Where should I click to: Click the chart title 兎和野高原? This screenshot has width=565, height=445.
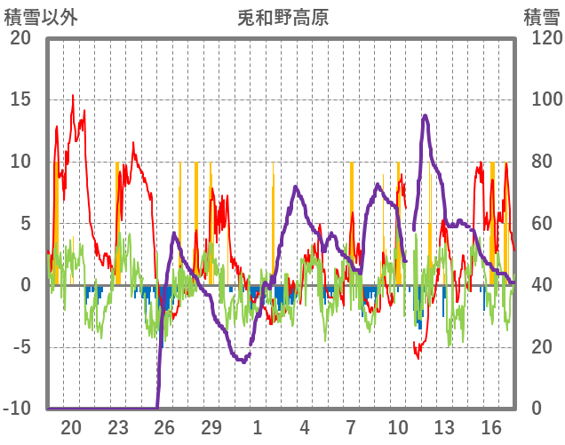(282, 17)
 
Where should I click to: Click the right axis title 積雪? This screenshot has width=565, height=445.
(541, 17)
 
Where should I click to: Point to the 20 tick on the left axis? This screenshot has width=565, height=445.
(20, 38)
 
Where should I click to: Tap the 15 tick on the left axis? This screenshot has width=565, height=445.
(20, 99)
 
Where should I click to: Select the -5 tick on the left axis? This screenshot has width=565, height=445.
(20, 347)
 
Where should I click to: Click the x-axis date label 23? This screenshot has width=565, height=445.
(118, 427)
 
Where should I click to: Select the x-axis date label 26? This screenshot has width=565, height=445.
(164, 427)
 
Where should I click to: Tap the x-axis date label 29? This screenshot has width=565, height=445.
(211, 427)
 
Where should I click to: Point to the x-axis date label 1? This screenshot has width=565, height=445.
(258, 427)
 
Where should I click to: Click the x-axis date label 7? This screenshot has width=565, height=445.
(351, 427)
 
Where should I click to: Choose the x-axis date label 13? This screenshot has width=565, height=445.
(444, 427)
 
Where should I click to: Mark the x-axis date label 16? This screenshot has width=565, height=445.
(490, 427)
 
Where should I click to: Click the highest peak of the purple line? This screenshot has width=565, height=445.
(426, 115)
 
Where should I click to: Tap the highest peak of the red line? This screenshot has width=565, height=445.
(73, 96)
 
